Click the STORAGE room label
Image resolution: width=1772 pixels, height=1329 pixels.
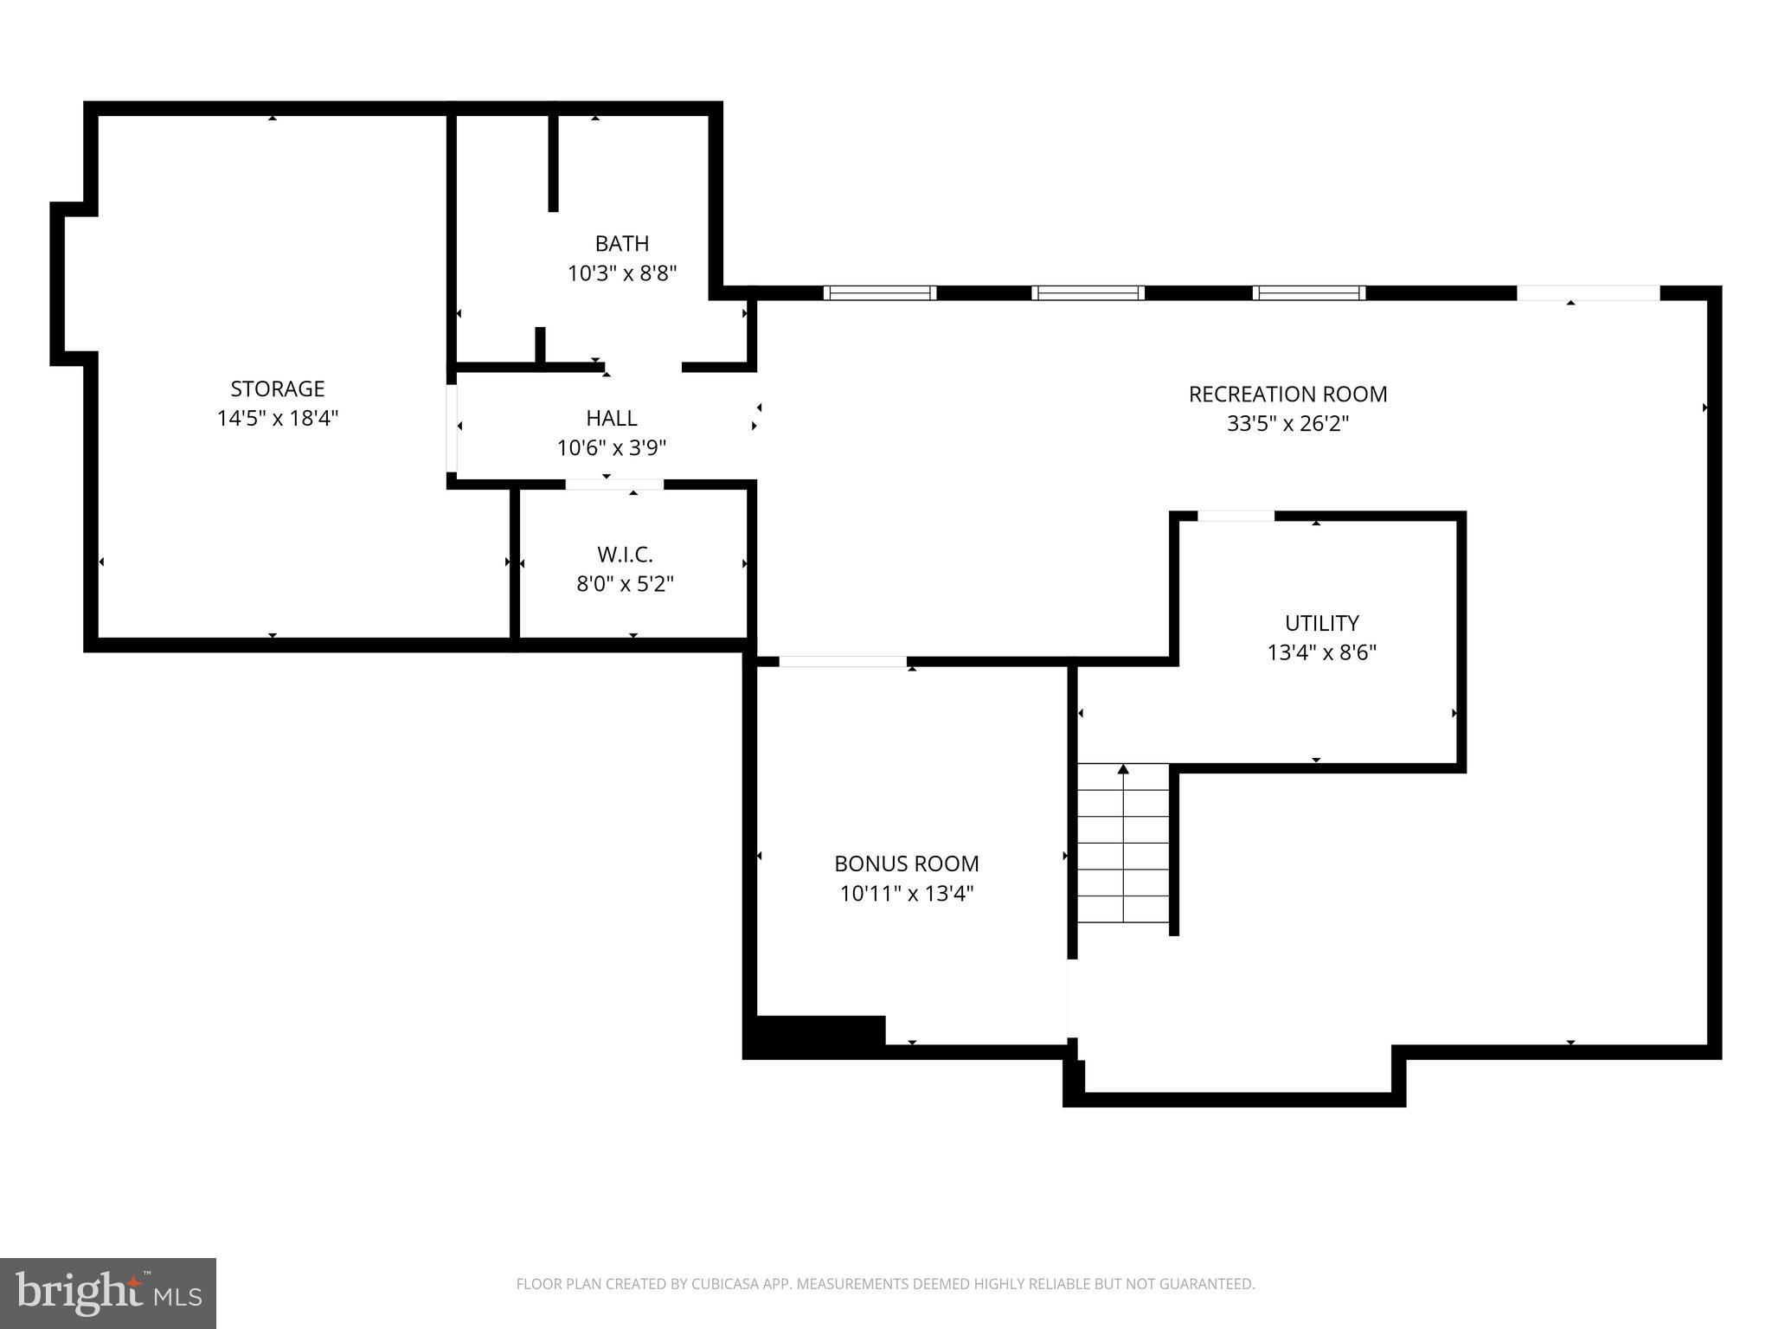click(277, 388)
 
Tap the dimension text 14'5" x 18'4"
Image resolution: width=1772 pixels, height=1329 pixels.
click(277, 419)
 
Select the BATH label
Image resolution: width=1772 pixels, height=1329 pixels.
click(621, 244)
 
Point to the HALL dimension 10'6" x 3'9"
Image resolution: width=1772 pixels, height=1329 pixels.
click(612, 448)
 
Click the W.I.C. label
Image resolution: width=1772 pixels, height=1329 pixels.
click(625, 555)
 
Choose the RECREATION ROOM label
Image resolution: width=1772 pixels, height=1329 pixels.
click(1287, 395)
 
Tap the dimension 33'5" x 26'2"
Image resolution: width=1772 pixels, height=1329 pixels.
click(1287, 424)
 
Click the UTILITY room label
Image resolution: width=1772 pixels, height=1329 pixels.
click(1321, 623)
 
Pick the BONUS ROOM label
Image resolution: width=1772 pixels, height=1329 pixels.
click(906, 864)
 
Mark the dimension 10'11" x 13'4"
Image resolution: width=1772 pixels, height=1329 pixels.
click(906, 894)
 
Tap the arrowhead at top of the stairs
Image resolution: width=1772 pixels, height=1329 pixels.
click(1123, 769)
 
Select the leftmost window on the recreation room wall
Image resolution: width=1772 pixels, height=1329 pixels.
click(879, 292)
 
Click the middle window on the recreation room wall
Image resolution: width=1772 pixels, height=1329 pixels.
click(1088, 292)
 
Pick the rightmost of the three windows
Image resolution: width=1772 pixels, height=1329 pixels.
click(1308, 292)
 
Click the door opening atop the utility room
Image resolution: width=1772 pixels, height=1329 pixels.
click(1235, 517)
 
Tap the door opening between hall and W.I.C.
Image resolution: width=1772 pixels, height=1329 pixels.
click(614, 485)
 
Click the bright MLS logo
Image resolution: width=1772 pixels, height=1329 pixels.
click(108, 1294)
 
